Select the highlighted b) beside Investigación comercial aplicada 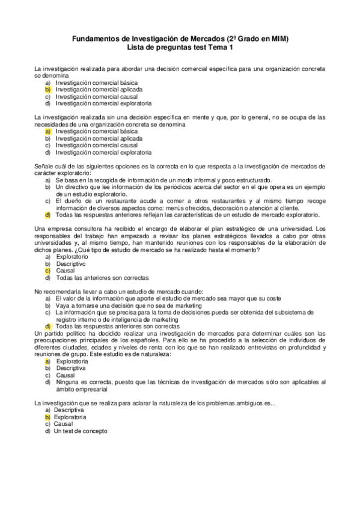coord(48,89)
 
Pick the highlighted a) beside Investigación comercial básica coord(48,131)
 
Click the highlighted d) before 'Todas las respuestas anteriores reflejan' coord(48,214)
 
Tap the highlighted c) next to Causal coord(48,271)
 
